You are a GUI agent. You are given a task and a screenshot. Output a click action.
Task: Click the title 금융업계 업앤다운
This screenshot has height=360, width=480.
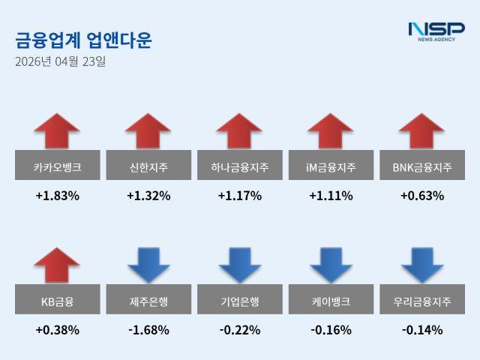point(83,40)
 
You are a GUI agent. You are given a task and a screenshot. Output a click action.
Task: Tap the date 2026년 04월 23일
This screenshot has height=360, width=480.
point(60,61)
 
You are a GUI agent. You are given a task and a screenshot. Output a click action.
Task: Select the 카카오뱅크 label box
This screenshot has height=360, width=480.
point(57,166)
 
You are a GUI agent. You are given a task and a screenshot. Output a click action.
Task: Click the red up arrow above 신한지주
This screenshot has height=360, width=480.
point(148,131)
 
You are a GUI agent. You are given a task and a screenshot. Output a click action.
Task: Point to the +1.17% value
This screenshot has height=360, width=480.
point(239,196)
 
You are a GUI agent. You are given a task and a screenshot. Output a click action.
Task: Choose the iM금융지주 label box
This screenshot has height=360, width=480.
point(331,166)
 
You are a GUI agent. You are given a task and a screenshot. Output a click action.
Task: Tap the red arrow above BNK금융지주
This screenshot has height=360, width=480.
point(422,131)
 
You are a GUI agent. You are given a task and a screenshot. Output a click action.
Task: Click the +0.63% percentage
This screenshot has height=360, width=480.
point(422,196)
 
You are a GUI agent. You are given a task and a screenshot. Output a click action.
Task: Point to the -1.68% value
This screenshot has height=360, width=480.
point(148,329)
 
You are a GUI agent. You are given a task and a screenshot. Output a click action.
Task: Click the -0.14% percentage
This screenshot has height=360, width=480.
point(422,329)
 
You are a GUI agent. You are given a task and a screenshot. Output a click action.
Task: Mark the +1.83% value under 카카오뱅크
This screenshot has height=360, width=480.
point(57,196)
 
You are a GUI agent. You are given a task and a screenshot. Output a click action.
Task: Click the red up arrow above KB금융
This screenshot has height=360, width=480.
point(57,265)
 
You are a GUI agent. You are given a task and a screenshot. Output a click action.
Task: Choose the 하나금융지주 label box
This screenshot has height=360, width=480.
point(239,166)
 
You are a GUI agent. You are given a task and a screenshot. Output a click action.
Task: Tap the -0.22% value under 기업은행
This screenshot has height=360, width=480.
point(239,329)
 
